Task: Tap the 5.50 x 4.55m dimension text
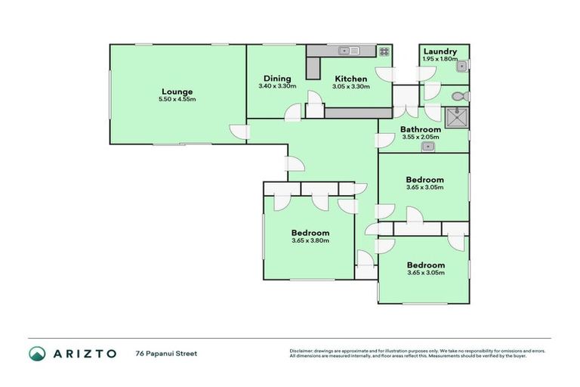click(x=177, y=100)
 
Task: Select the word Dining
click(x=277, y=79)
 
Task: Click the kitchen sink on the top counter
click(x=349, y=51)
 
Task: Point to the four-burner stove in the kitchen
click(x=384, y=51)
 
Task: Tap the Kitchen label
click(x=351, y=79)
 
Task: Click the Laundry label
click(x=440, y=51)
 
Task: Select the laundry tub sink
click(x=460, y=67)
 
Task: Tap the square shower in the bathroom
click(x=457, y=116)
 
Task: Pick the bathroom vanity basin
click(x=427, y=146)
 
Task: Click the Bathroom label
click(x=421, y=129)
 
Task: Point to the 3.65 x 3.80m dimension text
click(x=310, y=241)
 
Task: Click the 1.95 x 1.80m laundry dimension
click(x=440, y=59)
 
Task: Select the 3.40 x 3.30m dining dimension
click(x=277, y=86)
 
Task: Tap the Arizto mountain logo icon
click(x=37, y=353)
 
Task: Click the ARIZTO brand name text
click(x=85, y=353)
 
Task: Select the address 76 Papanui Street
click(x=166, y=353)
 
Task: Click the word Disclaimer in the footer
click(x=302, y=351)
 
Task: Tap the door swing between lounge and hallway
click(x=239, y=132)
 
